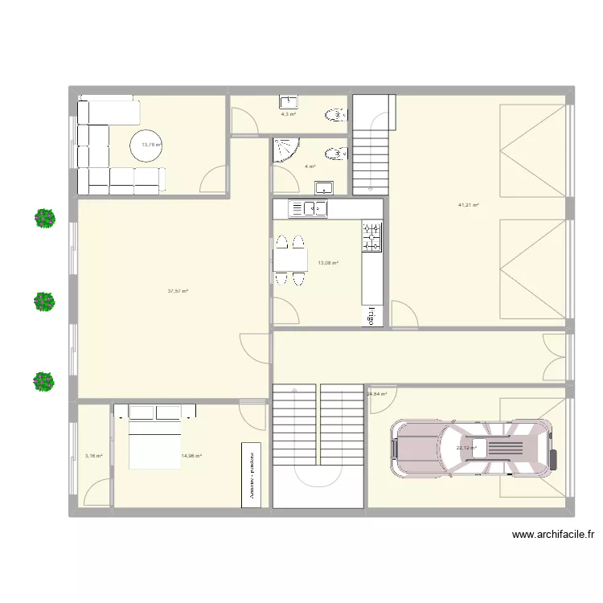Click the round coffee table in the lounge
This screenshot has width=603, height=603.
[146, 146]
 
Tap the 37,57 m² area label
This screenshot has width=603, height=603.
[178, 292]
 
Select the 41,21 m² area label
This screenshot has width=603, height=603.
[469, 206]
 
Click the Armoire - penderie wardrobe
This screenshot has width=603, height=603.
[252, 474]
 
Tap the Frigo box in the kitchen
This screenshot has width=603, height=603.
[372, 314]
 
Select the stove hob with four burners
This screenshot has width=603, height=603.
[372, 236]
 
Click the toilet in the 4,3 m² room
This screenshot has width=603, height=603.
[333, 113]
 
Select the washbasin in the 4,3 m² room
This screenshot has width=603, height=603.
[289, 101]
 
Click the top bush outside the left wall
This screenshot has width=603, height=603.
[44, 218]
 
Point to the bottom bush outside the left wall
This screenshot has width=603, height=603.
[44, 381]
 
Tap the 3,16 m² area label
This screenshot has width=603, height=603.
[94, 456]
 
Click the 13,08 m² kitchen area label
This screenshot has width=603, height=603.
[328, 263]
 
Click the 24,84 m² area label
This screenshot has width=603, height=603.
[377, 394]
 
